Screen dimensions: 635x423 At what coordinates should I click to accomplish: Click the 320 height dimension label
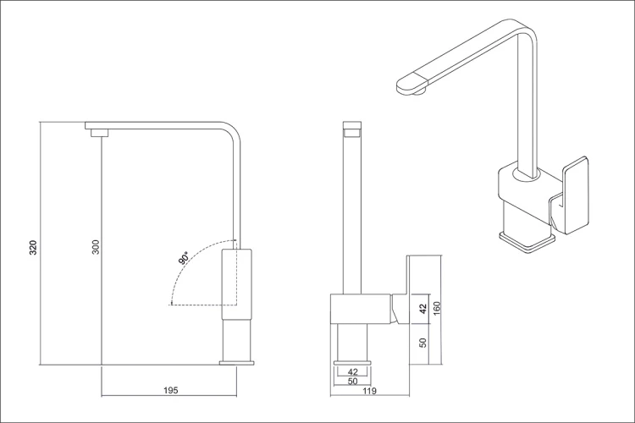[x=33, y=247]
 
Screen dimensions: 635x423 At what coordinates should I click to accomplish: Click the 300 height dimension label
[x=96, y=246]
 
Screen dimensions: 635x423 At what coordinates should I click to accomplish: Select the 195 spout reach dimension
[x=170, y=390]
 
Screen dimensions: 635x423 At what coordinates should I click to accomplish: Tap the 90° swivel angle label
[x=184, y=258]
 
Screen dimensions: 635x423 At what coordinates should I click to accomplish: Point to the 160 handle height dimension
[x=437, y=310]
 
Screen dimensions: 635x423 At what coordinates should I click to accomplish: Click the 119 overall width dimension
[x=369, y=391]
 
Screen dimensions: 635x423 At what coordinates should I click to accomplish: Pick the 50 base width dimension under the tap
[x=353, y=381]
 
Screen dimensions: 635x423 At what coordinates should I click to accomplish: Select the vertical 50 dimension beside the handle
[x=422, y=343]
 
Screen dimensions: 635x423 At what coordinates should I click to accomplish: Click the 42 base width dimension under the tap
[x=353, y=371]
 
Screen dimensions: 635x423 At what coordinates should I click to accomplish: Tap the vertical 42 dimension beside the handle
[x=422, y=309]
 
